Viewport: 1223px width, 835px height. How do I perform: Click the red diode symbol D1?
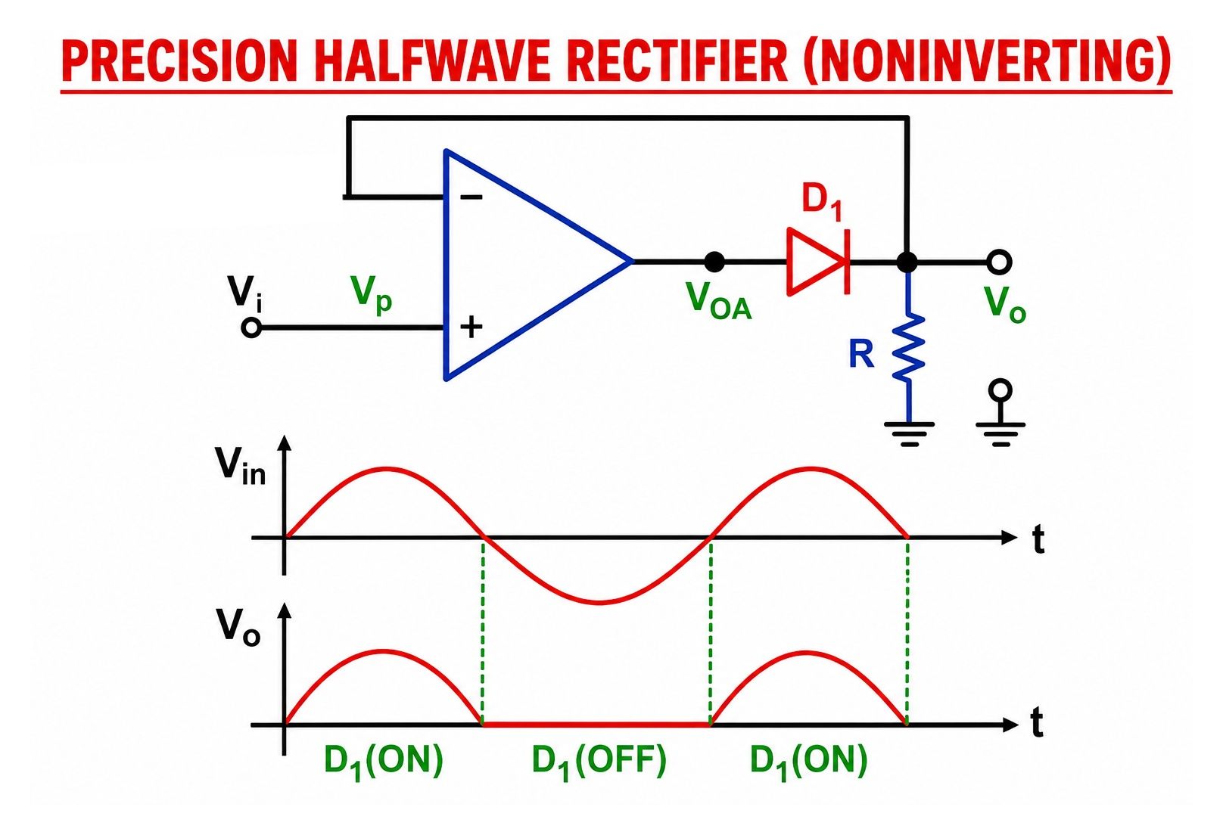tap(818, 262)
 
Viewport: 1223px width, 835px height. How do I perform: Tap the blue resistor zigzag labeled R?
tap(908, 347)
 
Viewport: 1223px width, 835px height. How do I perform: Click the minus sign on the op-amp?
tap(471, 197)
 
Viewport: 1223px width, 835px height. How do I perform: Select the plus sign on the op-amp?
tap(471, 327)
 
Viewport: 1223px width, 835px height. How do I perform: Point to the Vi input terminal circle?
tap(251, 327)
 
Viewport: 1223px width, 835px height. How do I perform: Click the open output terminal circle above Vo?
tap(1000, 262)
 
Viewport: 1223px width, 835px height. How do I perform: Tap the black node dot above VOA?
tap(714, 262)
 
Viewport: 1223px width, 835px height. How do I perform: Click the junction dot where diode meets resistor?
tap(907, 262)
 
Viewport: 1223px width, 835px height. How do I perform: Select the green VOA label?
tap(718, 301)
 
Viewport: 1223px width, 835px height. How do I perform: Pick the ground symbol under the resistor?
tap(909, 434)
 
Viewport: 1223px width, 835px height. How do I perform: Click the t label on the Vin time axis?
tap(1038, 539)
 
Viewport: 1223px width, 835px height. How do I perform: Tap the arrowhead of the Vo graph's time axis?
tap(1010, 725)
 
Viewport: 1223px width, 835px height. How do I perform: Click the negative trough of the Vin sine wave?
tap(599, 603)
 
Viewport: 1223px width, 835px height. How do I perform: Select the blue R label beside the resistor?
tap(861, 354)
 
